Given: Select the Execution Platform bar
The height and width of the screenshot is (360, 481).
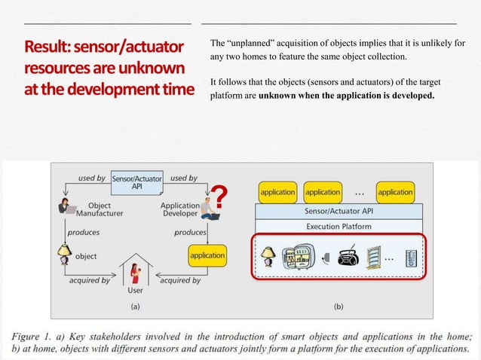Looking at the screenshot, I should pos(338,226).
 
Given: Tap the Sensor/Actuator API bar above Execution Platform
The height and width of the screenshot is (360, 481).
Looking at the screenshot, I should pos(338,211).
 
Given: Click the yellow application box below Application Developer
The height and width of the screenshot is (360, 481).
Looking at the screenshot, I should pos(207,255).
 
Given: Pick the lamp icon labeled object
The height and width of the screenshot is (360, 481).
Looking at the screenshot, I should pos(65,255).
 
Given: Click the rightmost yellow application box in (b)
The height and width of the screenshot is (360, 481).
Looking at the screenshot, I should pos(395,192).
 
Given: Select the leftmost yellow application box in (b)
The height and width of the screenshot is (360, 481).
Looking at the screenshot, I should pos(277,192).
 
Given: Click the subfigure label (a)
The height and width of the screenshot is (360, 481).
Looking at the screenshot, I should pos(135,307).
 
